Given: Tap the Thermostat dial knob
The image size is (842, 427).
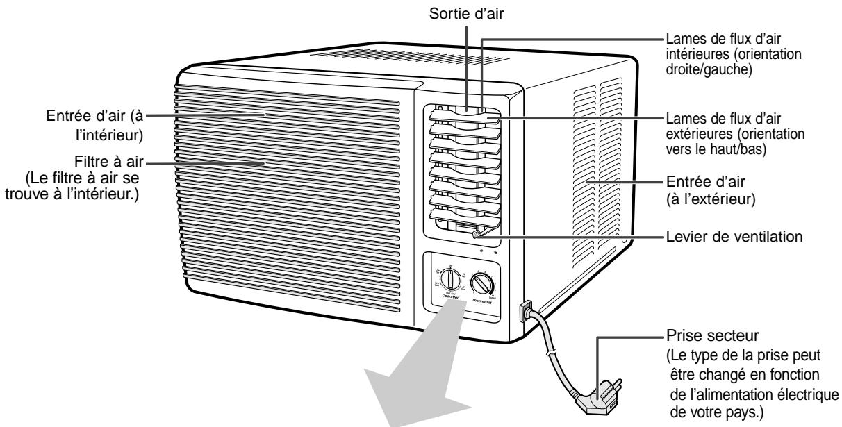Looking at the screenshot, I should [x=481, y=283].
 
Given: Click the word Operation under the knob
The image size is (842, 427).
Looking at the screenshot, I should [x=451, y=298].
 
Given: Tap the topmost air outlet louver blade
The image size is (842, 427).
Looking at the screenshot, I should [x=463, y=114].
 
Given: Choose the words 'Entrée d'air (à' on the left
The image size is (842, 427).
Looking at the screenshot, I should [x=97, y=115].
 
